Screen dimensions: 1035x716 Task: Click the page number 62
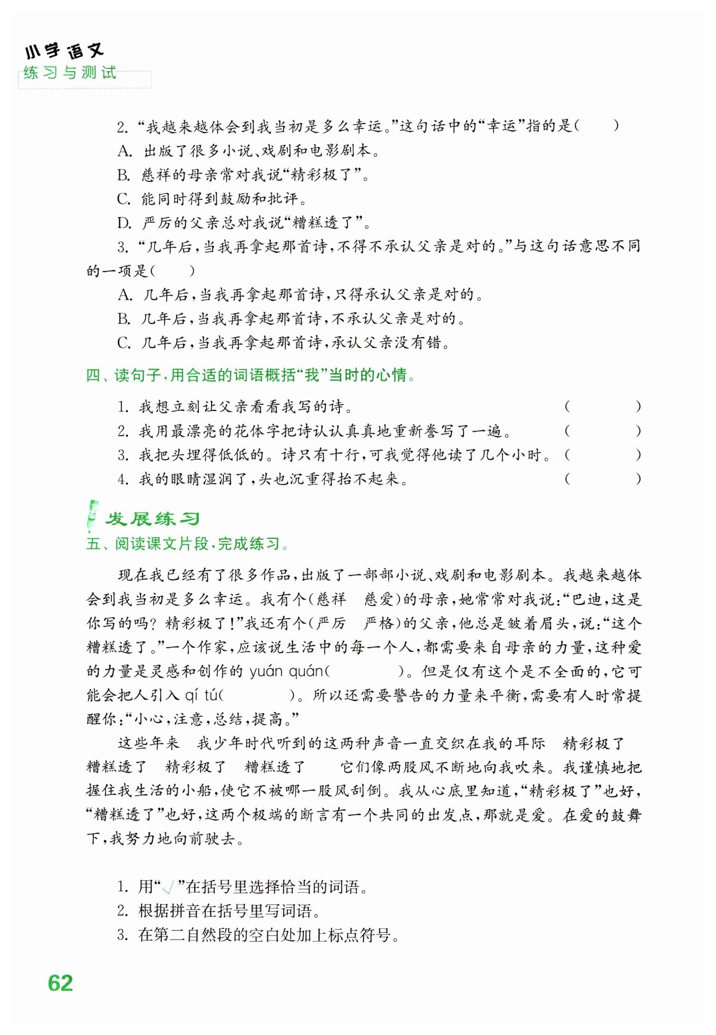pos(60,983)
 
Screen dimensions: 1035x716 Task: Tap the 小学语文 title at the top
pos(64,51)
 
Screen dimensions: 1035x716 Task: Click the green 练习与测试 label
pos(69,73)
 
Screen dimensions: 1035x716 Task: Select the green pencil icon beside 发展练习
pos(92,515)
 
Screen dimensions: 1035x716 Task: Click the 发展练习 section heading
pos(152,518)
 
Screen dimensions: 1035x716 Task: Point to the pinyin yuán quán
pos(286,672)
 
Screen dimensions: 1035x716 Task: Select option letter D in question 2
pos(124,223)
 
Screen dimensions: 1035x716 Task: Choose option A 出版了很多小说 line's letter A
pos(125,151)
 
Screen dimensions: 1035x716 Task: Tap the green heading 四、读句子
pos(249,375)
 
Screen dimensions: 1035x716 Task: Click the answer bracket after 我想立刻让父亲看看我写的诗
pos(603,407)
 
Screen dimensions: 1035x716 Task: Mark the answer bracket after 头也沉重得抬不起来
pos(603,479)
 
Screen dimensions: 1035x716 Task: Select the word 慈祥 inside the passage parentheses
pos(331,599)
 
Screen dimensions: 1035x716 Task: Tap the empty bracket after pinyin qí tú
pos(257,695)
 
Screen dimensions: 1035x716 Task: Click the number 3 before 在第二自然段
pos(123,935)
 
